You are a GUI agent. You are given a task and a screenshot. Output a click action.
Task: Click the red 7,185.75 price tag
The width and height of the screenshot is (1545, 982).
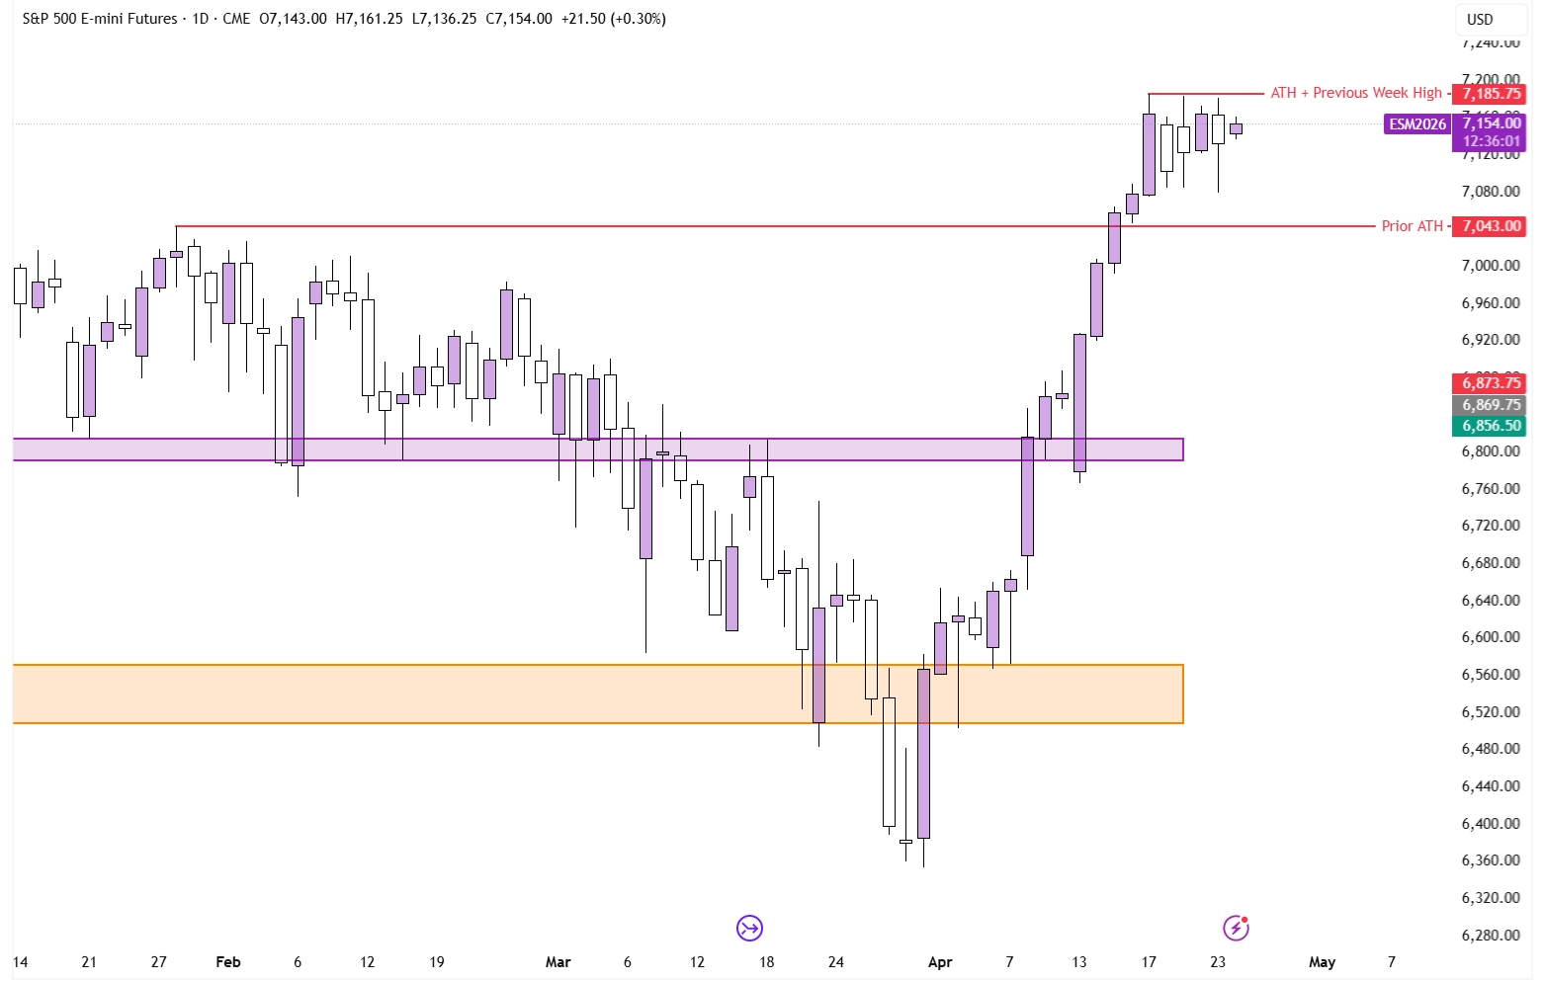pos(1491,94)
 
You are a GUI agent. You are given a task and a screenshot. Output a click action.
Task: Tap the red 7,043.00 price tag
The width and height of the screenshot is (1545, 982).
pos(1491,226)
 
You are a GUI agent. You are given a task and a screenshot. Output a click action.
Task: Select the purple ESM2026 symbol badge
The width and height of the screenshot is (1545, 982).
pos(1416,124)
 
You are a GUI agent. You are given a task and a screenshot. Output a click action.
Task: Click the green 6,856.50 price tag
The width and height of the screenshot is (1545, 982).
pos(1491,426)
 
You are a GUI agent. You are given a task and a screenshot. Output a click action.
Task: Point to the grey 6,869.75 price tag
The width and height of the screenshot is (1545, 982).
pos(1491,405)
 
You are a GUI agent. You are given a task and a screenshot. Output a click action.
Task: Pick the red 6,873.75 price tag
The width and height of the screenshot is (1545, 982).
pos(1491,383)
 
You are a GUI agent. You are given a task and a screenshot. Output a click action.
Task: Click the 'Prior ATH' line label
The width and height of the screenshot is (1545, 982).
pos(1412,226)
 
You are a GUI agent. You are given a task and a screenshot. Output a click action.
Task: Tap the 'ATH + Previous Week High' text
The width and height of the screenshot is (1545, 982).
pos(1355,93)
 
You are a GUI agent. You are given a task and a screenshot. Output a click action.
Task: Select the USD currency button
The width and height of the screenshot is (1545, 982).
pos(1479,20)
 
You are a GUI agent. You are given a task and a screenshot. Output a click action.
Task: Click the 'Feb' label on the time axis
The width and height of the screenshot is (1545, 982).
pos(228,962)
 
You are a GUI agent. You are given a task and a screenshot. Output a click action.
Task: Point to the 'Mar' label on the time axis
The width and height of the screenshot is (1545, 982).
pos(558,962)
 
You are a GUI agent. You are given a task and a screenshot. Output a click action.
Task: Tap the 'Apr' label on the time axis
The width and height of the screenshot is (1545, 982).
pos(940,962)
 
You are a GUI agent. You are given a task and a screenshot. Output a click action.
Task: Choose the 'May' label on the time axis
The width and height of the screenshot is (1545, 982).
pos(1322,962)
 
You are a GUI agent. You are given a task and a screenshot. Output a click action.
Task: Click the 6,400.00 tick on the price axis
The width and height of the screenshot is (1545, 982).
pos(1491,824)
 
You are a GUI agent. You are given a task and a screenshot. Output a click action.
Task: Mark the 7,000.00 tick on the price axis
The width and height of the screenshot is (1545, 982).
pos(1491,266)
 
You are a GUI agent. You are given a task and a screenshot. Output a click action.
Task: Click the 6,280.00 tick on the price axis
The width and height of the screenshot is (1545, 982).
pos(1491,936)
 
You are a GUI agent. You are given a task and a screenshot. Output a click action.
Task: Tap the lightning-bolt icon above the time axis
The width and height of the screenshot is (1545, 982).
pos(1236,928)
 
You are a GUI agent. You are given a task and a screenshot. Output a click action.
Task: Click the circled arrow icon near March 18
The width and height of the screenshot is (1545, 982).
pos(749,928)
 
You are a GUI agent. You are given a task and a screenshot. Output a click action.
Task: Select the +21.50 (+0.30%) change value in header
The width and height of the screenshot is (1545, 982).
pos(613,19)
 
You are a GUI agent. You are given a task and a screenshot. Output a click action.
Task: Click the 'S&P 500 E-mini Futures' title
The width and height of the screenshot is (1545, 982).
pos(100,19)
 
